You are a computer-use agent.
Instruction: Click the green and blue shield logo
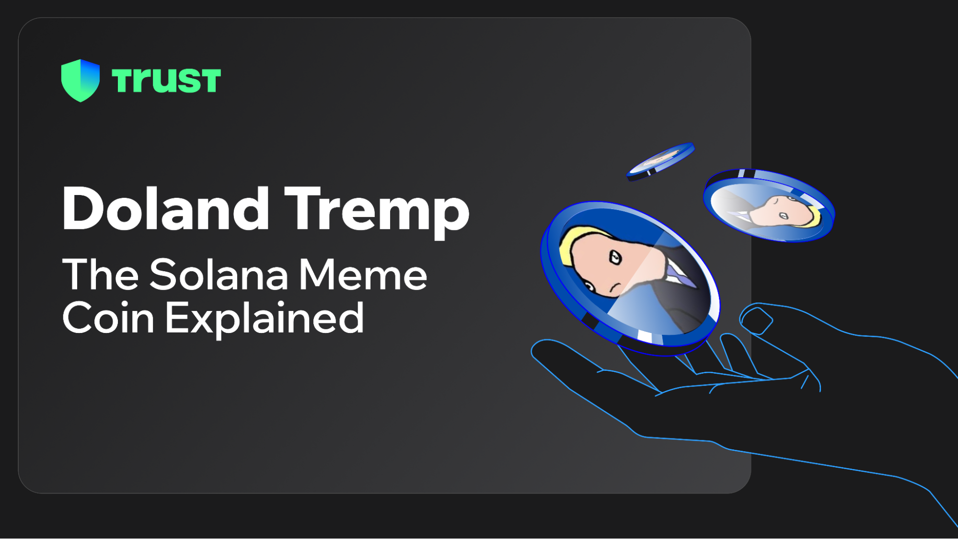coord(81,80)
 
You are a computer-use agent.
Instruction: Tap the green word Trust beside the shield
coord(166,80)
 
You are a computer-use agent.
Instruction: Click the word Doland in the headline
coord(165,209)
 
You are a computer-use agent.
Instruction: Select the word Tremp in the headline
coord(377,211)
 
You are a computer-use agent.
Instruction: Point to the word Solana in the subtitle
coord(219,275)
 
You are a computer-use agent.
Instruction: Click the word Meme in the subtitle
coord(363,275)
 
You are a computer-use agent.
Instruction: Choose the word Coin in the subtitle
coord(108,317)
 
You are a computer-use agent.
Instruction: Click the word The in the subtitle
coord(101,274)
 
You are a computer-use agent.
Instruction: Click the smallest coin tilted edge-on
coord(661,161)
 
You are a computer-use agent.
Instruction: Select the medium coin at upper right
coord(769,206)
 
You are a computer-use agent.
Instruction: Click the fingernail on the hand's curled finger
coord(756,320)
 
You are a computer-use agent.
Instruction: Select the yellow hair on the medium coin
coord(813,216)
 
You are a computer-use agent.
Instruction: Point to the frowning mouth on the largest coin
coord(614,287)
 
